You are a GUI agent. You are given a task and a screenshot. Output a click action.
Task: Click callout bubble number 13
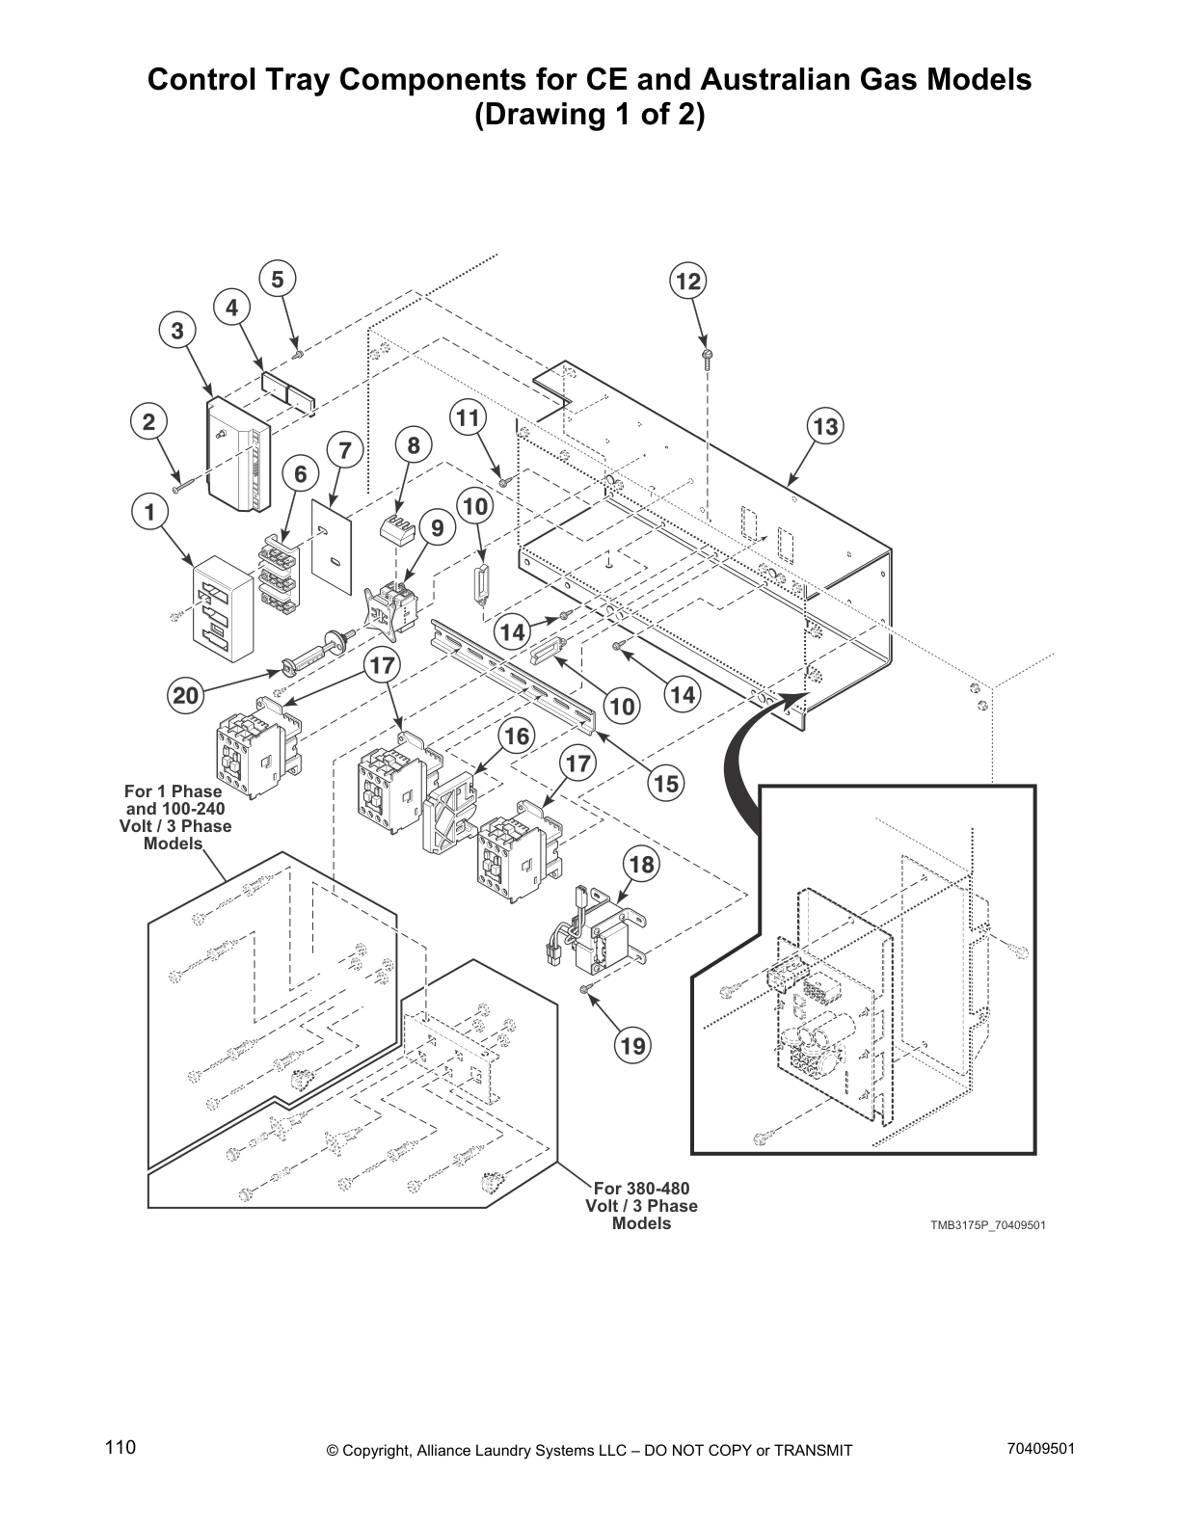(826, 426)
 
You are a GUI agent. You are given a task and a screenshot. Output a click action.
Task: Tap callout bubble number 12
(687, 281)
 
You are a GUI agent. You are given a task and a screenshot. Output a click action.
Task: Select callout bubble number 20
(185, 695)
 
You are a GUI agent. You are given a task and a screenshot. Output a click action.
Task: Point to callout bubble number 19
(634, 1045)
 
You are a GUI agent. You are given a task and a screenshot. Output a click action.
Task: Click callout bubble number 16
(517, 737)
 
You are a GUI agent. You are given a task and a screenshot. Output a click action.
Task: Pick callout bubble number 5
(277, 280)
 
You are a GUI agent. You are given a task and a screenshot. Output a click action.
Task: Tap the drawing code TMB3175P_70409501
(987, 1225)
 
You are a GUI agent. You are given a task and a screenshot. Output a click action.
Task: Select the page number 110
(121, 1448)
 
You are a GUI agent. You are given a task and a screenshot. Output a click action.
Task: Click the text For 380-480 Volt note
(641, 1206)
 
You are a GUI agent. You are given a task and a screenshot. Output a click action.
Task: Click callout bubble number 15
(665, 784)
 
